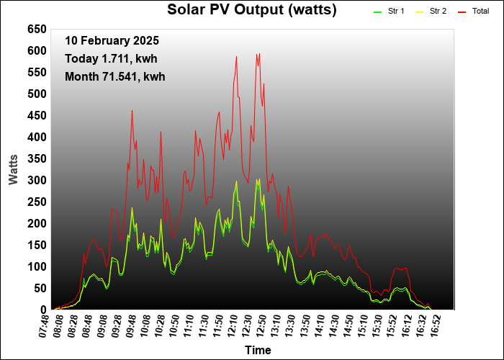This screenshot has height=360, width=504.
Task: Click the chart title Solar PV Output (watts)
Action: pyautogui.click(x=251, y=9)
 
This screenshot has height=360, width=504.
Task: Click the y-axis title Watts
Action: pyautogui.click(x=14, y=168)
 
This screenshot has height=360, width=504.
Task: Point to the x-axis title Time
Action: pyautogui.click(x=258, y=350)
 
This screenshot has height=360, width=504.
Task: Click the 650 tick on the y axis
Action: pyautogui.click(x=37, y=29)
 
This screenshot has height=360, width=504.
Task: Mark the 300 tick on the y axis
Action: pyautogui.click(x=37, y=180)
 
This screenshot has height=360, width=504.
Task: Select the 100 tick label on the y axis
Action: pyautogui.click(x=37, y=266)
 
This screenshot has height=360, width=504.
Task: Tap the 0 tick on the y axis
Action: pyautogui.click(x=43, y=310)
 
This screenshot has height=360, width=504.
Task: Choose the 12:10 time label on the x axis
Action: pyautogui.click(x=232, y=325)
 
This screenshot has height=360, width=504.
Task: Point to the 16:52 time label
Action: pyautogui.click(x=435, y=325)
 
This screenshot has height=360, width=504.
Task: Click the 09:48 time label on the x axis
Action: pyautogui.click(x=130, y=325)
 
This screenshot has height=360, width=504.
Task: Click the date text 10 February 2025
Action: pyautogui.click(x=112, y=41)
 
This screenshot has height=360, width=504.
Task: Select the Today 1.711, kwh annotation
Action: pyautogui.click(x=111, y=58)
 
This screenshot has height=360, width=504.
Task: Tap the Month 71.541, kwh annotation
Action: pyautogui.click(x=114, y=76)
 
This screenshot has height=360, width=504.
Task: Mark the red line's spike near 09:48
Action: pyautogui.click(x=132, y=111)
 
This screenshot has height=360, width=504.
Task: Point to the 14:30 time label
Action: pyautogui.click(x=333, y=325)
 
